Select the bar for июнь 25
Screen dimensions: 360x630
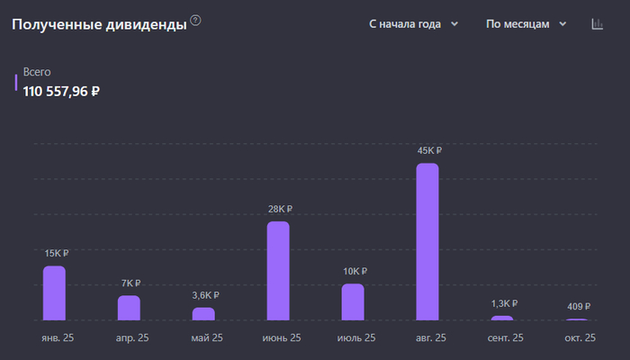click(x=278, y=270)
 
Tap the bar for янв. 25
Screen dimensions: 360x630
click(x=54, y=292)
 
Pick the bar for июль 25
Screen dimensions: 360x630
click(x=353, y=301)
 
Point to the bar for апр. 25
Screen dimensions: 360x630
click(x=129, y=308)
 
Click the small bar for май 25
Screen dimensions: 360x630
click(x=203, y=313)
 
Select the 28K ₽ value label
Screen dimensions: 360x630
click(x=280, y=209)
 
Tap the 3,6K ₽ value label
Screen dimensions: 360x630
click(x=204, y=295)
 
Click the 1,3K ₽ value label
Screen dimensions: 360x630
click(x=504, y=303)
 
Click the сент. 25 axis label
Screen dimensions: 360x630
click(x=503, y=337)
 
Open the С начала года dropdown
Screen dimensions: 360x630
click(x=413, y=24)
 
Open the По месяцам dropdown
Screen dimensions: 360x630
click(x=526, y=24)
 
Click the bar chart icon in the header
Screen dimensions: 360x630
click(x=597, y=24)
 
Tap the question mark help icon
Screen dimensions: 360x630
click(x=196, y=21)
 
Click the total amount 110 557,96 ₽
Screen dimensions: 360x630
click(x=61, y=90)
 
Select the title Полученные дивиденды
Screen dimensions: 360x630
click(x=99, y=24)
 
